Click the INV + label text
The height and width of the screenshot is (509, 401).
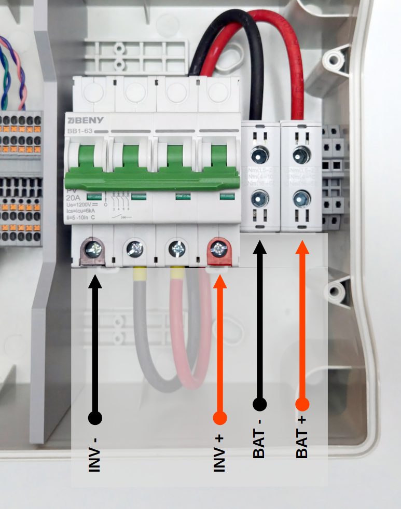pos(219,453)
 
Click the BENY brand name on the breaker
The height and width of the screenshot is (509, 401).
pos(81,121)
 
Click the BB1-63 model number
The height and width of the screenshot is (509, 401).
pos(79,131)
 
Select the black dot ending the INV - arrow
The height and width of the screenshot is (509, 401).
pos(95,417)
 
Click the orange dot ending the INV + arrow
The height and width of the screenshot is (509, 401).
pos(220,418)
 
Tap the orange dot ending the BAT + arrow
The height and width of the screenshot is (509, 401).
pos(302,404)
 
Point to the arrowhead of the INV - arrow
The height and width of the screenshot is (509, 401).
pos(95,281)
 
